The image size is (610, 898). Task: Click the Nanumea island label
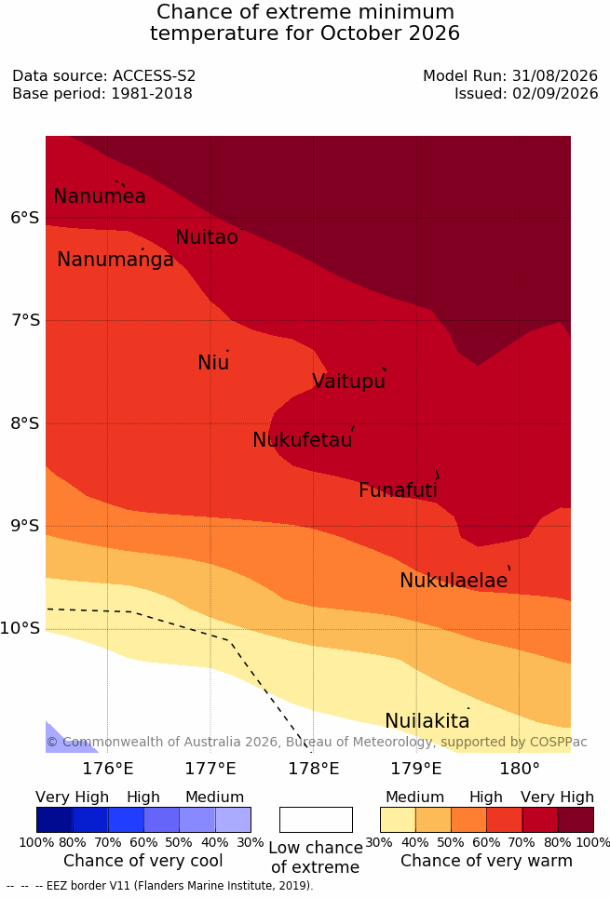point(99,195)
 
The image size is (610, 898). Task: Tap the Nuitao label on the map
point(207,236)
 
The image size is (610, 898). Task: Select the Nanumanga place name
point(115,260)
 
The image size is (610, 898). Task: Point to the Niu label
point(213,363)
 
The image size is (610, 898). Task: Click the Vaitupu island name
point(348,382)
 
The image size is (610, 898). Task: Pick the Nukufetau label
point(302,440)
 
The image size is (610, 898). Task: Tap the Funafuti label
point(398,490)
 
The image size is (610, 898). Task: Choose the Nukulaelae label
point(454,580)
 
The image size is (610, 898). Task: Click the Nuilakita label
point(427,720)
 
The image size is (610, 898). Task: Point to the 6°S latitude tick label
point(25,218)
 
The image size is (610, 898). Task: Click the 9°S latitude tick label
point(25,526)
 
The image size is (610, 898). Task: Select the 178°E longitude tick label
point(314,769)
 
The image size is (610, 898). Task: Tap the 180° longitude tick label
point(520,769)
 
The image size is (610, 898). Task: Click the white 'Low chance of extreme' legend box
point(316,820)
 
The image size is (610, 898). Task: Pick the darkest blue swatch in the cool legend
point(54,820)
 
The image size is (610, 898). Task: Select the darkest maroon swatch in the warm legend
point(576,820)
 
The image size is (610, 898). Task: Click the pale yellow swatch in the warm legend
point(398,820)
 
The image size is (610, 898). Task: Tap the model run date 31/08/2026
point(555,75)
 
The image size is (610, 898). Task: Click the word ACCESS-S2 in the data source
point(155,75)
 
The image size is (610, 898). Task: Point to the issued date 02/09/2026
point(555,93)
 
